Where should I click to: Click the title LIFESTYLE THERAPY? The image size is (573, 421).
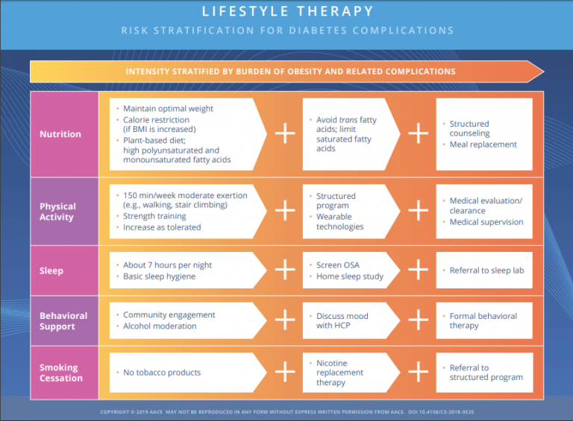[286, 12]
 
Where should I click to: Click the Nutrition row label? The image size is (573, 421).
[60, 134]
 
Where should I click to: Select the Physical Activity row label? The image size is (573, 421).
[58, 212]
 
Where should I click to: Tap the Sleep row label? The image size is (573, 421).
[51, 270]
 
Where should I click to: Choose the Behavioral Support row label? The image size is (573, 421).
[63, 321]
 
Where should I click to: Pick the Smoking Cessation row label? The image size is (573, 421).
[61, 373]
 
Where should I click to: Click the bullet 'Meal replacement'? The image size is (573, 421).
[483, 145]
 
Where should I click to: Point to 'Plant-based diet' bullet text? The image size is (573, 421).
[155, 140]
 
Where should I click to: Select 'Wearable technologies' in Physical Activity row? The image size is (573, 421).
[340, 222]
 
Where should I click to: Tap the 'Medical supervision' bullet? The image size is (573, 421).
[486, 222]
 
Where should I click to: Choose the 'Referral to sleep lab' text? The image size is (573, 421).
[486, 270]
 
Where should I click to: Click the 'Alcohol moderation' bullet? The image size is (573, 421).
[160, 326]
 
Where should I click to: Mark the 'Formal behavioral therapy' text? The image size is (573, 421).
[483, 321]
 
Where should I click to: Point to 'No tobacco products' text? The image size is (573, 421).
[162, 373]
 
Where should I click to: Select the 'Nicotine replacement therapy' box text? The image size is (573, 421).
[339, 373]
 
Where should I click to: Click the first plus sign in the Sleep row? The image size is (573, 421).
[285, 270]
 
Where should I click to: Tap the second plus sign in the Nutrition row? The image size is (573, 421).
[418, 133]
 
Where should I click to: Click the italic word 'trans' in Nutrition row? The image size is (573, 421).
[347, 120]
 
